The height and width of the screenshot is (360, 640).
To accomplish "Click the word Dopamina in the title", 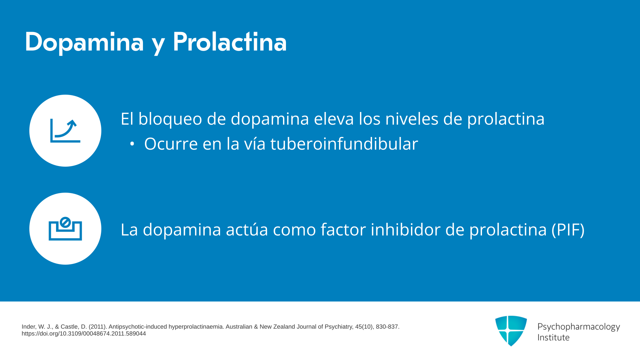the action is pyautogui.click(x=84, y=43).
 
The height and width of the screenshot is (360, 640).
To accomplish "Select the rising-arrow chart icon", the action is pyautogui.click(x=65, y=131).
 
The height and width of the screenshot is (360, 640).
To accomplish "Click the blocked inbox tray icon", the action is pyautogui.click(x=65, y=229).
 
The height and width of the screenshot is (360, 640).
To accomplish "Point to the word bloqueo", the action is pyautogui.click(x=170, y=119).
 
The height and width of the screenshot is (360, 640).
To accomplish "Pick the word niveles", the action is pyautogui.click(x=412, y=119).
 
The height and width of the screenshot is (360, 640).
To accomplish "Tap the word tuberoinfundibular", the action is pyautogui.click(x=344, y=144).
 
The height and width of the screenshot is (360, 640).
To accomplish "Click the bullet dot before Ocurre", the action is pyautogui.click(x=132, y=144).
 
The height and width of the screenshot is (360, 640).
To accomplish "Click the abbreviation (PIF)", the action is pyautogui.click(x=568, y=230).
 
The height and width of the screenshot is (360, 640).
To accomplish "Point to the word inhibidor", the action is pyautogui.click(x=406, y=229).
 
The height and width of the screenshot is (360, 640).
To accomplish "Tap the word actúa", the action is pyautogui.click(x=247, y=229).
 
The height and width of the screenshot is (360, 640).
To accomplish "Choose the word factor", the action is pyautogui.click(x=343, y=229).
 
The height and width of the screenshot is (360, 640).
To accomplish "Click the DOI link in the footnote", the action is pyautogui.click(x=84, y=334).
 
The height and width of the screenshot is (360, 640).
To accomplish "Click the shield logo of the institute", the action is pyautogui.click(x=511, y=331).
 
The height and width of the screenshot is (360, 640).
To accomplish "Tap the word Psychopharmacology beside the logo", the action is pyautogui.click(x=579, y=327).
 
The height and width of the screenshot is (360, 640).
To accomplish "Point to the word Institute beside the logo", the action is pyautogui.click(x=553, y=338).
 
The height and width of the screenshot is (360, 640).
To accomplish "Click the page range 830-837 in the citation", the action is pyautogui.click(x=387, y=327).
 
